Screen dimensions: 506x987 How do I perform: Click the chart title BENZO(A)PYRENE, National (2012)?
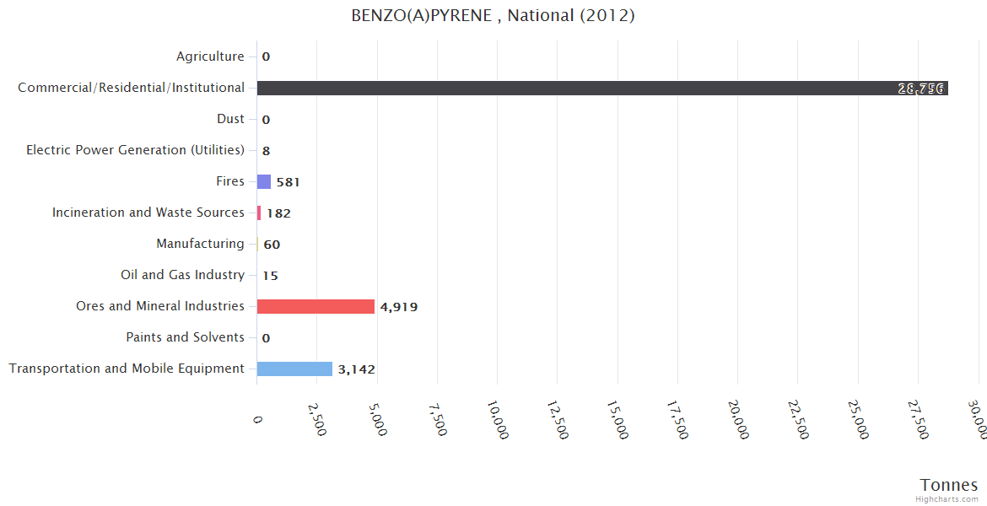tap(493, 16)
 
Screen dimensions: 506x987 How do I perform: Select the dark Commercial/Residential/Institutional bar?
tap(602, 88)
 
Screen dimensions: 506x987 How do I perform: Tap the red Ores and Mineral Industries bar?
tap(316, 306)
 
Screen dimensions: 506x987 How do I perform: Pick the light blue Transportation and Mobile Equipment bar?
tap(294, 369)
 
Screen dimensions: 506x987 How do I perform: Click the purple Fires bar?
tap(264, 181)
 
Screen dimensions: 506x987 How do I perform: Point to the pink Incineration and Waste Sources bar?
tap(259, 213)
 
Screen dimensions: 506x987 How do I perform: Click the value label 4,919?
tap(398, 307)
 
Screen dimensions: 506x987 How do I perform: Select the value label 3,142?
tap(356, 369)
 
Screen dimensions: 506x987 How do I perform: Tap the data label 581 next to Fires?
tap(288, 182)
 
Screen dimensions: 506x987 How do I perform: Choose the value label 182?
tap(278, 213)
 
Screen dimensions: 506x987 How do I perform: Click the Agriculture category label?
tap(210, 57)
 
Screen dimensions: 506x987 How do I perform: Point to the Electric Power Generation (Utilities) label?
tap(135, 150)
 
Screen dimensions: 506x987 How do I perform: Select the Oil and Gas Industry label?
tap(182, 275)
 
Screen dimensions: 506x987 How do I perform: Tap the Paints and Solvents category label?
tap(185, 337)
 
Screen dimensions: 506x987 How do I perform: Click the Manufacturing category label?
tap(200, 244)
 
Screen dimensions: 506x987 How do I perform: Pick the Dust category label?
tap(230, 119)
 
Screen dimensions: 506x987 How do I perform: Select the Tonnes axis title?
tap(948, 485)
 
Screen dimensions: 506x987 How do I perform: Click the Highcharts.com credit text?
tap(947, 499)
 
